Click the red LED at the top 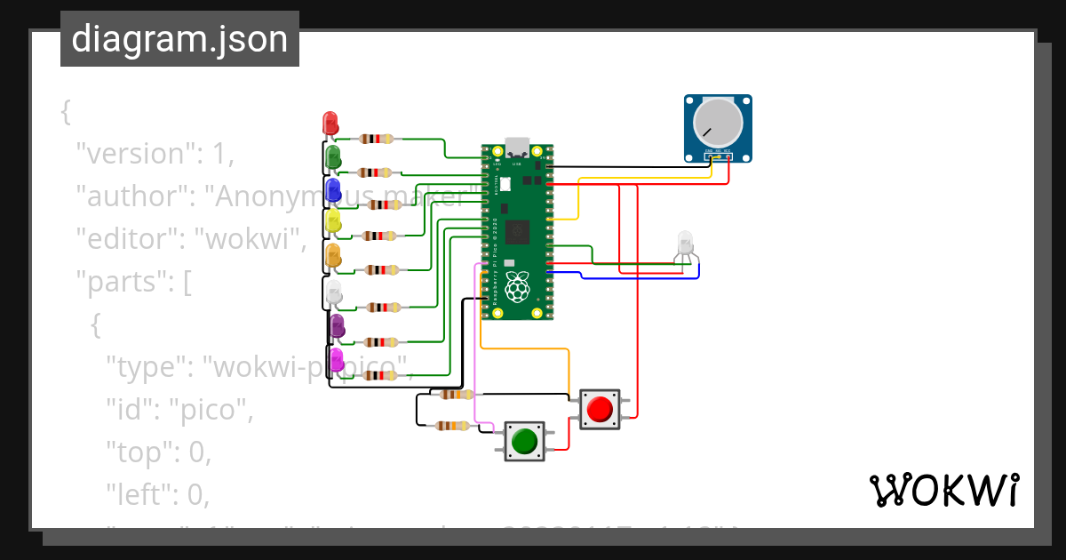click(330, 123)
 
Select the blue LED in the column click(333, 189)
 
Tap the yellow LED click(333, 221)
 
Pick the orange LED click(333, 255)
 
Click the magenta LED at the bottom click(337, 360)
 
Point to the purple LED click(337, 326)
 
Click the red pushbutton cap click(600, 409)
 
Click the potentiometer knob click(717, 124)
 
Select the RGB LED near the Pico click(685, 242)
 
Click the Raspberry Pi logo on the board click(517, 286)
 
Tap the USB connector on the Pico click(517, 148)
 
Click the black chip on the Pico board click(517, 233)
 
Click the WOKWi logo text click(943, 490)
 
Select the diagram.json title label click(179, 39)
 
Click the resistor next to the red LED click(377, 139)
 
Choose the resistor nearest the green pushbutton click(453, 426)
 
